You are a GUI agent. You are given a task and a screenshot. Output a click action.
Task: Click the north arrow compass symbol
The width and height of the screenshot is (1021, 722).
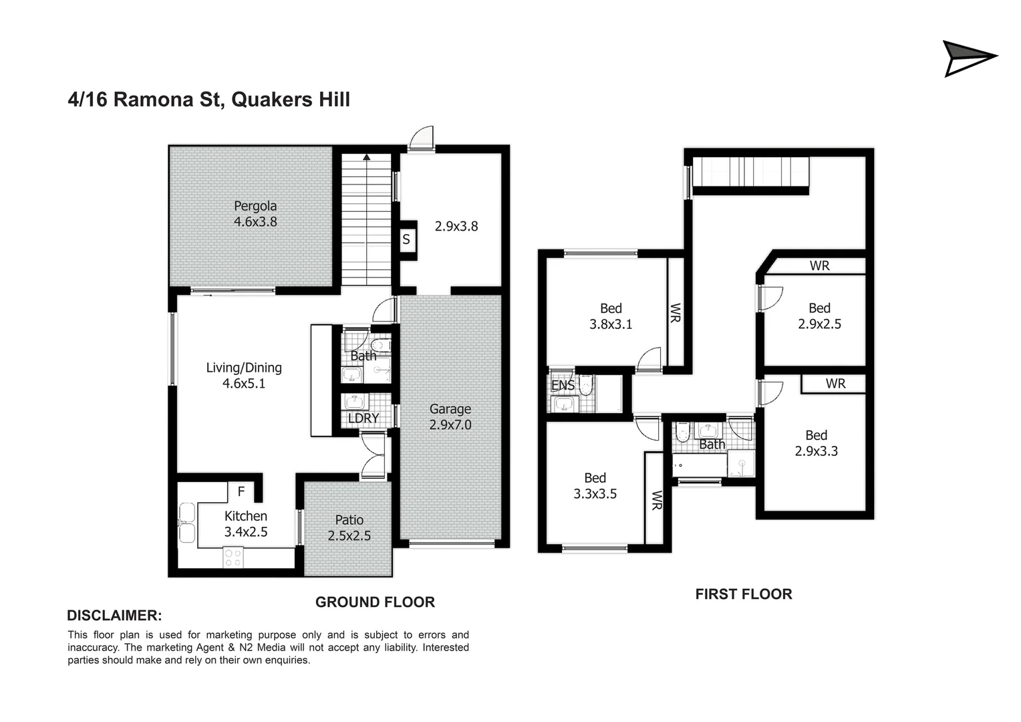(x=968, y=58)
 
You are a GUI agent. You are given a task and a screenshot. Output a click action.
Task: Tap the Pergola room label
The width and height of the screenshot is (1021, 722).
(x=255, y=206)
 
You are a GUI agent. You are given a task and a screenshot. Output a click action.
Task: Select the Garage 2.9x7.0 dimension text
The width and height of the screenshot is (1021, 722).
(x=450, y=425)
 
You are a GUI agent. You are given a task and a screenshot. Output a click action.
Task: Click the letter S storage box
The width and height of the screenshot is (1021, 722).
(x=406, y=239)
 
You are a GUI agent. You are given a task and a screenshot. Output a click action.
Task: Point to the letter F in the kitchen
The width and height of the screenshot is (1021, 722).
(x=241, y=491)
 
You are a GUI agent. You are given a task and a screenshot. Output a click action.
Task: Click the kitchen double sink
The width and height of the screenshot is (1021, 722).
(x=186, y=523)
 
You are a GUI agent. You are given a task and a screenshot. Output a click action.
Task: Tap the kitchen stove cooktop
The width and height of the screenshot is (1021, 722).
(x=233, y=558)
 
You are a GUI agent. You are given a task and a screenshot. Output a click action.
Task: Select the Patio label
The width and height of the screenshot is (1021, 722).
(x=349, y=519)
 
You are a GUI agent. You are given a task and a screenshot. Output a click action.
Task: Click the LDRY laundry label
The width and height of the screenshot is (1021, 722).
(x=363, y=418)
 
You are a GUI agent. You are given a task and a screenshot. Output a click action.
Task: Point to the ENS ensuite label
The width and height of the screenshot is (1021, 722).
(x=563, y=386)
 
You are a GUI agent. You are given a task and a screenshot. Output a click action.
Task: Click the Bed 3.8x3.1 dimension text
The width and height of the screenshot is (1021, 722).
(x=611, y=324)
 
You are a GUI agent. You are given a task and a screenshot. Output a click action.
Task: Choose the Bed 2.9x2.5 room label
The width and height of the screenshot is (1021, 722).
(x=819, y=308)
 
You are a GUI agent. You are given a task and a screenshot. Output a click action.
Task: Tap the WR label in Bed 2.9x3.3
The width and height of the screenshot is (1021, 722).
(x=835, y=384)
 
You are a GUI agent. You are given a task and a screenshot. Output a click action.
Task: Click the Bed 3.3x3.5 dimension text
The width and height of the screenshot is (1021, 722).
(x=595, y=494)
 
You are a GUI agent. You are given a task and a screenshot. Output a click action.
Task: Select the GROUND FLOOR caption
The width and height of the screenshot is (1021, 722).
(x=375, y=602)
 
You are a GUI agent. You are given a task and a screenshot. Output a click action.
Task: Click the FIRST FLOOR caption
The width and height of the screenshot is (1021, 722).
(x=744, y=594)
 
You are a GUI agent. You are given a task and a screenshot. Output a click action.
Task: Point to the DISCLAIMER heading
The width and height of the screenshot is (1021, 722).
(x=114, y=616)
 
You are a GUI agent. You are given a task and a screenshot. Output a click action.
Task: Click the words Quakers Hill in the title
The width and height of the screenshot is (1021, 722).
(x=290, y=100)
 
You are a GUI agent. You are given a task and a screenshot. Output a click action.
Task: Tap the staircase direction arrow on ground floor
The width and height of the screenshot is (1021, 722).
(x=366, y=158)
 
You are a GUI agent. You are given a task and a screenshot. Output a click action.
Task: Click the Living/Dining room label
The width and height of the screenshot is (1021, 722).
(x=244, y=367)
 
